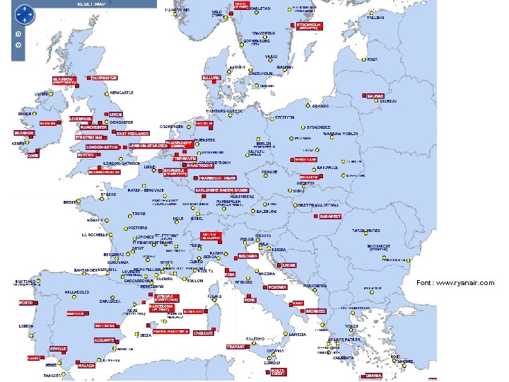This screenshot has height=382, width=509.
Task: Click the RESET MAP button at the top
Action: click(93, 4)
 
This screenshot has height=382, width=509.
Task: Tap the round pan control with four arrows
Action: click(25, 13)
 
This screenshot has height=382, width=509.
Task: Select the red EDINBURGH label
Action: click(105, 77)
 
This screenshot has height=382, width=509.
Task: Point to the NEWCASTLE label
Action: click(121, 93)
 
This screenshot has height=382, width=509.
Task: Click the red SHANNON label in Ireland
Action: click(23, 132)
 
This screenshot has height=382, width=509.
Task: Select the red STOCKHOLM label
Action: click(308, 25)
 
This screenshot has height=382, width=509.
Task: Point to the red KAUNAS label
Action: click(375, 95)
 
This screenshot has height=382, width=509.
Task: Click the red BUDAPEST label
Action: click(330, 216)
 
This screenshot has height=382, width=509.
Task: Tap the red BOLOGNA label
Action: click(248, 255)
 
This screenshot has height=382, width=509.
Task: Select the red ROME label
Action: click(250, 300)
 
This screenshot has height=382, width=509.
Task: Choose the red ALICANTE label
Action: click(104, 340)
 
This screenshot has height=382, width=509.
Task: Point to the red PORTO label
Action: click(25, 302)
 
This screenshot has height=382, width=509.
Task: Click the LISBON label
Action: click(26, 326)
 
